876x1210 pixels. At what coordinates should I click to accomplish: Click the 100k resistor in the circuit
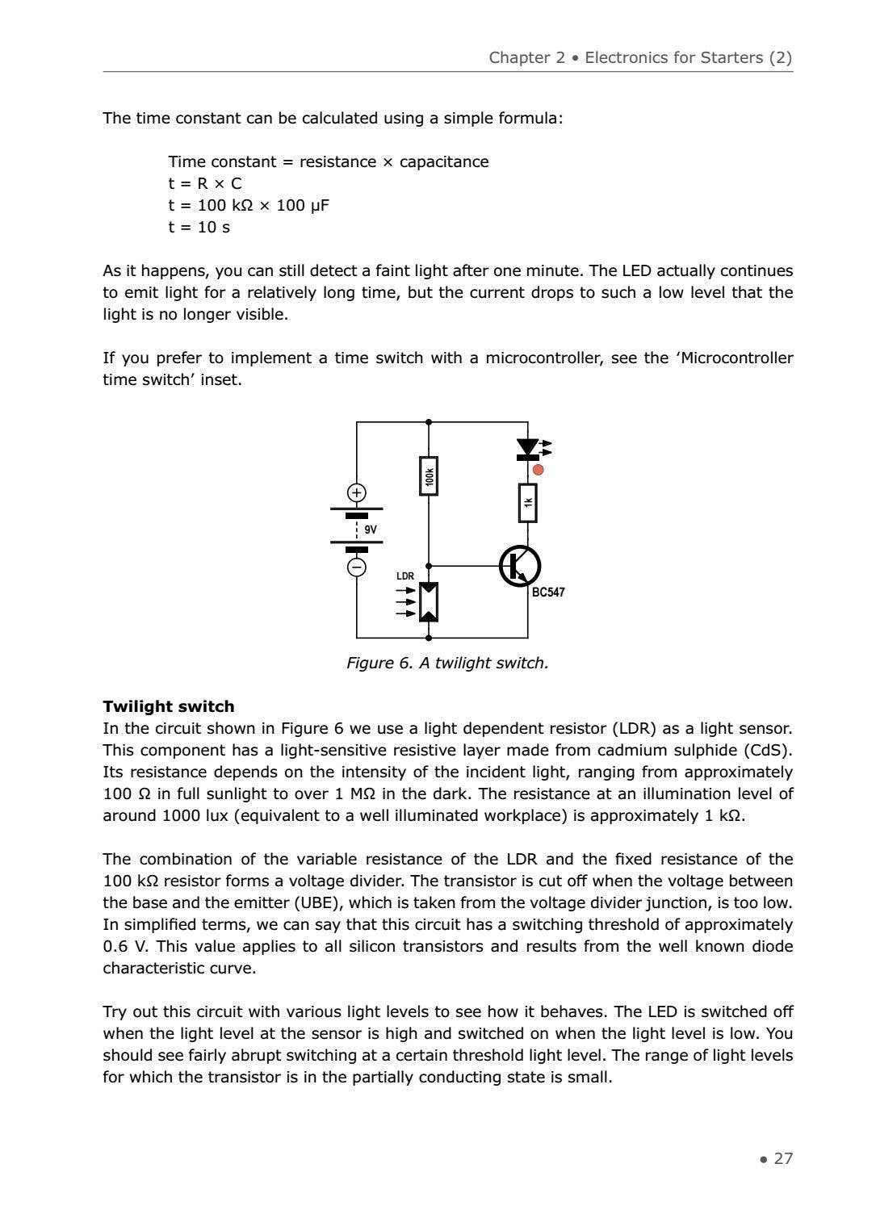pyautogui.click(x=429, y=476)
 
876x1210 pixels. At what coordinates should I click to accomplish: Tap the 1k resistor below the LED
pyautogui.click(x=527, y=503)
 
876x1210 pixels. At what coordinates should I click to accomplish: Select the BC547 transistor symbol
pyautogui.click(x=519, y=567)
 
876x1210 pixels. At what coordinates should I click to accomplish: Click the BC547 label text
pyautogui.click(x=548, y=592)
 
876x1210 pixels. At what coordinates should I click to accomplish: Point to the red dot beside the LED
pyautogui.click(x=539, y=470)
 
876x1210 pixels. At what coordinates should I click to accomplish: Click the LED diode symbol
pyautogui.click(x=527, y=448)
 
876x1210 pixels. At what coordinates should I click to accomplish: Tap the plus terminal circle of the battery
pyautogui.click(x=356, y=492)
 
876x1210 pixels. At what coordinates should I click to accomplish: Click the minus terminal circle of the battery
pyautogui.click(x=356, y=567)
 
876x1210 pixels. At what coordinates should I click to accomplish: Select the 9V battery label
pyautogui.click(x=371, y=530)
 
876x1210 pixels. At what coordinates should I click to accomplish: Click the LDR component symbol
pyautogui.click(x=429, y=602)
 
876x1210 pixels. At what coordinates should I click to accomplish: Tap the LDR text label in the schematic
pyautogui.click(x=405, y=576)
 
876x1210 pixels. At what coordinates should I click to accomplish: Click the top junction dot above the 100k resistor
pyautogui.click(x=429, y=421)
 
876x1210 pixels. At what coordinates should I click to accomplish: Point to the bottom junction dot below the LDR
pyautogui.click(x=429, y=637)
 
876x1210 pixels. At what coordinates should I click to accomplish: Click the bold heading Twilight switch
pyautogui.click(x=169, y=706)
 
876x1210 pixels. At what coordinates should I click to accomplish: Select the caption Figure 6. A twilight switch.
pyautogui.click(x=447, y=663)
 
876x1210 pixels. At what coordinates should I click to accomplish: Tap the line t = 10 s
pyautogui.click(x=199, y=227)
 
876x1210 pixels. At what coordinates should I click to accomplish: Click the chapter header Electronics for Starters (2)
pyautogui.click(x=688, y=57)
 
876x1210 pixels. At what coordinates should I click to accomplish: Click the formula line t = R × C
pyautogui.click(x=205, y=183)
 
